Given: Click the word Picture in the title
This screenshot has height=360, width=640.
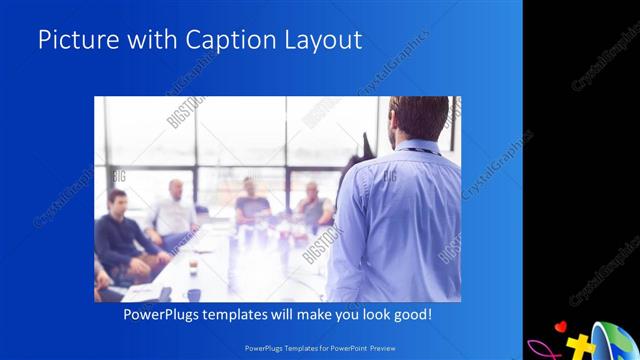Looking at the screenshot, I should pos(75,40).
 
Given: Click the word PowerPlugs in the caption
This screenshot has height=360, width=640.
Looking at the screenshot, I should pos(162,315).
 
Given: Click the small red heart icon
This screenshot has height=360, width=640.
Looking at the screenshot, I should pos(561,326).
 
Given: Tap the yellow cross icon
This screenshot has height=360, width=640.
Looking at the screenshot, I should pos(579,346).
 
